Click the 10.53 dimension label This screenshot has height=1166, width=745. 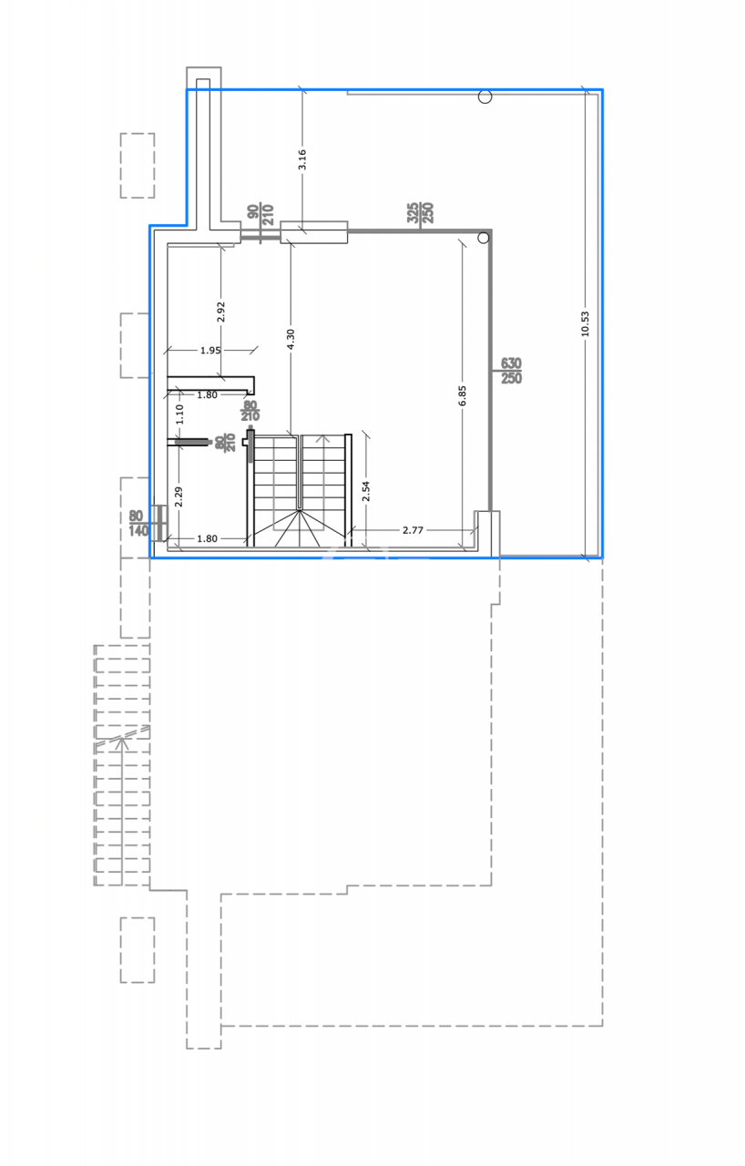coord(585,323)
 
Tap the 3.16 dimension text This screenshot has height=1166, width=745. coord(302,159)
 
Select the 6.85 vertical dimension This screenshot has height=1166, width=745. coord(462,394)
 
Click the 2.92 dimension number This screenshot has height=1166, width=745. coord(220,312)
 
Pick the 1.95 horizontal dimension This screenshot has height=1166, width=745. coord(209,350)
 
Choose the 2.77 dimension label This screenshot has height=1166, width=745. coord(414,529)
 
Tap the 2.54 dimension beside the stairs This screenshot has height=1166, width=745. coord(366,492)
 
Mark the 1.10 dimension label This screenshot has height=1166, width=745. coord(179,414)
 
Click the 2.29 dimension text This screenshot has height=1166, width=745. coord(179,496)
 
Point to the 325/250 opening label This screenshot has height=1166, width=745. coord(420,213)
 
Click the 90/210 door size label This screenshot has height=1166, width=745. coord(260,215)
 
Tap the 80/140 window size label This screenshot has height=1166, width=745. coord(138,524)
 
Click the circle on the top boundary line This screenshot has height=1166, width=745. coord(485,97)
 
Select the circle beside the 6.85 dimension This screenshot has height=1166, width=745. coord(484,238)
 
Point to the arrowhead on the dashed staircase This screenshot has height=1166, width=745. coord(121,742)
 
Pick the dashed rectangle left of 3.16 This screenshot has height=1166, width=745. coord(138,166)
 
